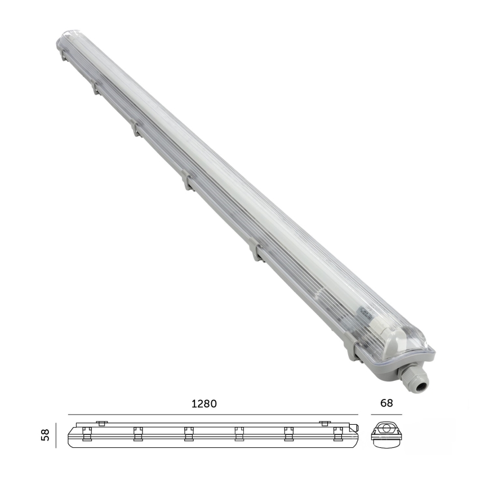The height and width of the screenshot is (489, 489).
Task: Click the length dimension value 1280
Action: tap(205, 404)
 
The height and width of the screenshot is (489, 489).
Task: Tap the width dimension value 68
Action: tap(386, 403)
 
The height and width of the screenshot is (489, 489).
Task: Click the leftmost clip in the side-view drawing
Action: tap(87, 433)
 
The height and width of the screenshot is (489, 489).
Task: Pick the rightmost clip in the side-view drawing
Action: tap(338, 433)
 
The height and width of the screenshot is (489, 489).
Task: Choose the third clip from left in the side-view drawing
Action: tap(189, 433)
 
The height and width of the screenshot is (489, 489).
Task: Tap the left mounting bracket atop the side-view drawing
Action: tap(101, 423)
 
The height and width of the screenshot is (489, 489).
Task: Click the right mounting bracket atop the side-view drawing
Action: tap(324, 423)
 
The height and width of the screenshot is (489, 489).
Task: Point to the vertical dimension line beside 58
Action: tap(56, 436)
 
